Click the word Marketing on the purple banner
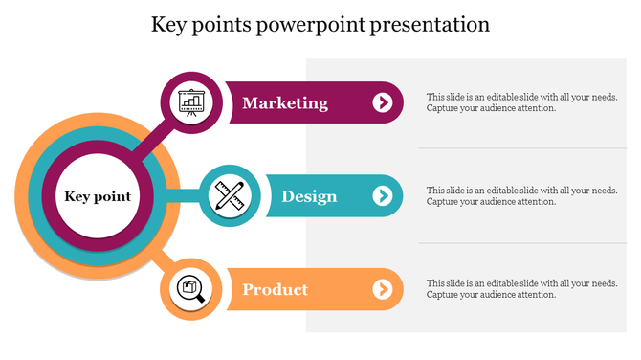coord(285,103)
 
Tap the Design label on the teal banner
coord(309,196)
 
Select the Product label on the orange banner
coord(275,289)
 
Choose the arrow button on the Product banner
coord(383,289)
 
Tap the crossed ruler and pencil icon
coord(230,196)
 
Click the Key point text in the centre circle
coord(98,197)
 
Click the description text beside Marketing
coord(521,102)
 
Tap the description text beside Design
coord(521,196)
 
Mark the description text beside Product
coord(521,289)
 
